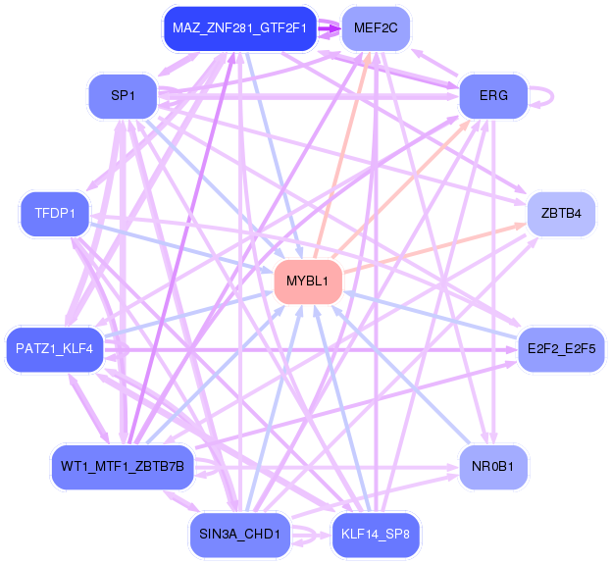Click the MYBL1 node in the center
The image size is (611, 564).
[308, 282]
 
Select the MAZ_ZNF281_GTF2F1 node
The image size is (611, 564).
[239, 28]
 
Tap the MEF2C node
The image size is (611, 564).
[376, 28]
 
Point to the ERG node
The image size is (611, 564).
[493, 96]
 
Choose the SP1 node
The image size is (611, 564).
[123, 96]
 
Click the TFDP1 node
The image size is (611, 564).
[55, 214]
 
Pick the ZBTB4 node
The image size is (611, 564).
[561, 214]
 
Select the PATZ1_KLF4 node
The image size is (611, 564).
[55, 349]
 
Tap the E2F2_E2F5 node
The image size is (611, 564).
[561, 349]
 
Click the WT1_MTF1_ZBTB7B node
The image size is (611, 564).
[123, 467]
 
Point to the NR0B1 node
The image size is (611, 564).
[493, 467]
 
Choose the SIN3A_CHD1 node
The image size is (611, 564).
[239, 535]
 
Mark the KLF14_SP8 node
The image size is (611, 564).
[376, 535]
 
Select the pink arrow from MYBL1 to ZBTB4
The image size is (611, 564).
[434, 248]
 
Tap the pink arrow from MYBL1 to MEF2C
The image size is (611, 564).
[341, 155]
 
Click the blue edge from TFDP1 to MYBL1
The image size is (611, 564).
[181, 247]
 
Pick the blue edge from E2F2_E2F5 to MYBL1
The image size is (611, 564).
[431, 315]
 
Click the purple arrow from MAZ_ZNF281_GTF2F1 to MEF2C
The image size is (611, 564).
[330, 28]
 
